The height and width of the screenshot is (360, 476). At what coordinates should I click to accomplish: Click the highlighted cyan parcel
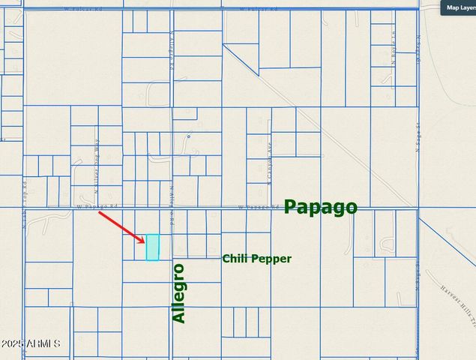point(152,247)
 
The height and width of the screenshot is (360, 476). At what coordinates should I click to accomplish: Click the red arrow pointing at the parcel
point(121,226)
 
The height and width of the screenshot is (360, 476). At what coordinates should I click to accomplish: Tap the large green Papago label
point(320,208)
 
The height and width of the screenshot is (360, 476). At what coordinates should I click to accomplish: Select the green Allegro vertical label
point(178,293)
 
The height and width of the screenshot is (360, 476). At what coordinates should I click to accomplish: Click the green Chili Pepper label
point(256,259)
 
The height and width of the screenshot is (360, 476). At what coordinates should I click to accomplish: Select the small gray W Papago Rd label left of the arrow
point(97,206)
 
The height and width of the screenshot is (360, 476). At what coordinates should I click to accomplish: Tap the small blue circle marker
point(189,136)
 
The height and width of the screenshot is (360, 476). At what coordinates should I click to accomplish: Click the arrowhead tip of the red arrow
point(145,241)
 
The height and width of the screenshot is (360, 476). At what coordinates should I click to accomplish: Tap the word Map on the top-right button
point(452,7)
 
